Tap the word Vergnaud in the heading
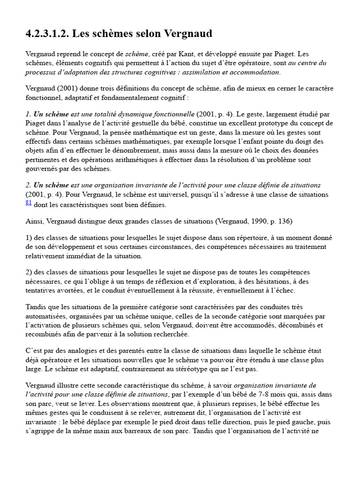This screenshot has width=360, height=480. (188, 34)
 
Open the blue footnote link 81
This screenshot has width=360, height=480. (29, 202)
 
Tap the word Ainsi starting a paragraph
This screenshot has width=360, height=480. (34, 221)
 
